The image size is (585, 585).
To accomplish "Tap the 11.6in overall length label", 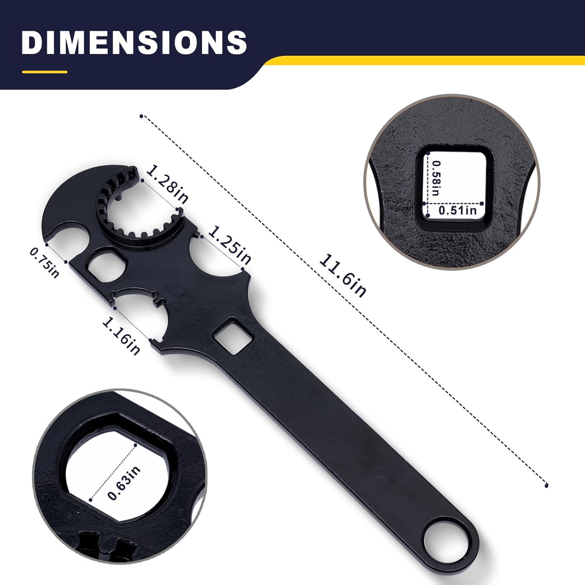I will pyautogui.click(x=343, y=275).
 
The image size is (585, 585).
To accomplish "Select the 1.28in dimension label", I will pyautogui.click(x=167, y=184).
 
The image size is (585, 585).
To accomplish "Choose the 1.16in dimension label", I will pyautogui.click(x=121, y=336).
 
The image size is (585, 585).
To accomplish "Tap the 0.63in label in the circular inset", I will pyautogui.click(x=124, y=483).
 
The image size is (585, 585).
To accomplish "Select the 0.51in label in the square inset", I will pyautogui.click(x=457, y=211).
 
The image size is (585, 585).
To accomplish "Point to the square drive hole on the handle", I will pyautogui.click(x=233, y=336).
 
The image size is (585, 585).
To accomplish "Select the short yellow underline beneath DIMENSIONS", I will pyautogui.click(x=45, y=72).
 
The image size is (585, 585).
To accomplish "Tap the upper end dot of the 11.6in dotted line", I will pyautogui.click(x=142, y=116).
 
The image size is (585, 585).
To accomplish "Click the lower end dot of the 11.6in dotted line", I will pyautogui.click(x=546, y=486).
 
